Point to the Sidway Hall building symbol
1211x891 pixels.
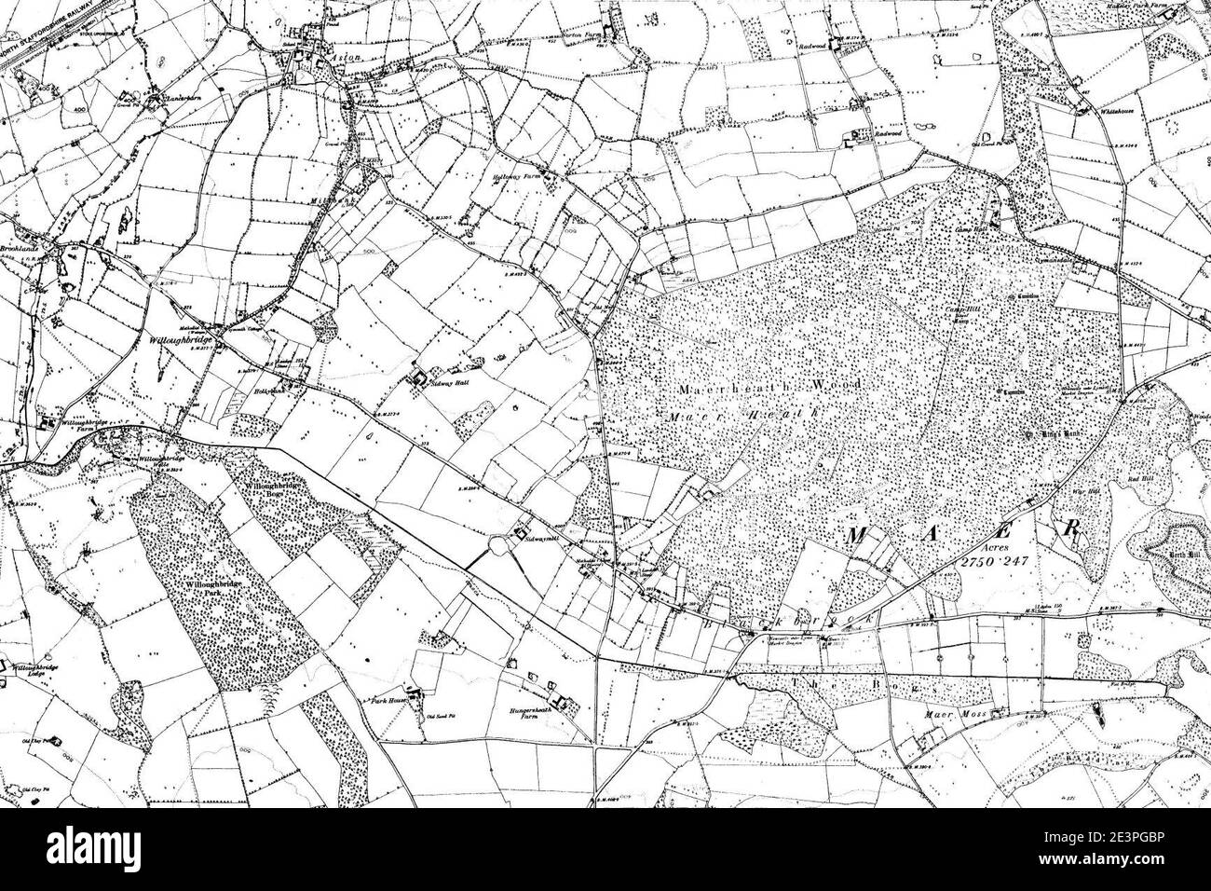(418, 378)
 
